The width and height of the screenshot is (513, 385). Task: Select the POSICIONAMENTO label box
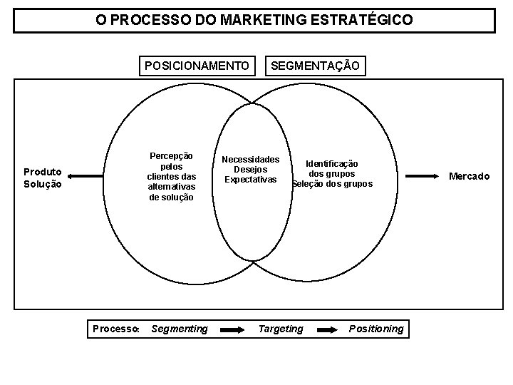(x=197, y=66)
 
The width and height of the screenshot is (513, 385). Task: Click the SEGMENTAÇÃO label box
(x=316, y=66)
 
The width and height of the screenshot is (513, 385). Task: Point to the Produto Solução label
(x=43, y=178)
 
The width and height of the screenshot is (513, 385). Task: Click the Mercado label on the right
(x=469, y=176)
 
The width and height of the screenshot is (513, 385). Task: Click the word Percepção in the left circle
(x=170, y=155)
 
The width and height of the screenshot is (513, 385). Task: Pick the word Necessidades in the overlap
(x=250, y=159)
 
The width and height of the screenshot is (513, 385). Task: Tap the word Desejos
(x=250, y=169)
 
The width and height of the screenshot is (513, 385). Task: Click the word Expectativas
(x=250, y=179)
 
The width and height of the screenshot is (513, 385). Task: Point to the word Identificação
(x=332, y=163)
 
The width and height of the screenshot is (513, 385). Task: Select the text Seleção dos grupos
(x=332, y=184)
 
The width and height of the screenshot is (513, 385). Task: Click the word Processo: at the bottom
(x=116, y=329)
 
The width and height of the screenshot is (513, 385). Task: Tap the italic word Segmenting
(x=180, y=329)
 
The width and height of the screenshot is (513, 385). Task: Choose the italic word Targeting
(x=280, y=329)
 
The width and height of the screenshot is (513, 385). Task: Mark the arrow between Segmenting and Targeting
(x=232, y=329)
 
